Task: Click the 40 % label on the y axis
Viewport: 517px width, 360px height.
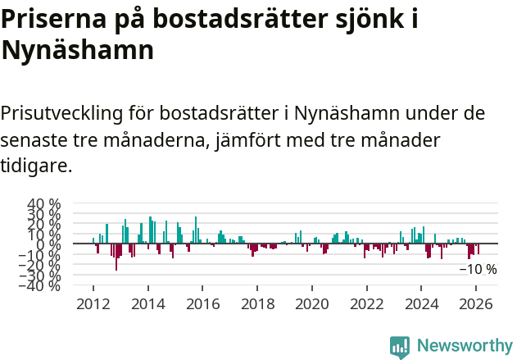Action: [x=44, y=204]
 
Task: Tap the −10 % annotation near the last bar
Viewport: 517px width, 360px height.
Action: [x=477, y=269]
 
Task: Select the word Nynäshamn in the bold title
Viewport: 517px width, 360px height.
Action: [x=77, y=51]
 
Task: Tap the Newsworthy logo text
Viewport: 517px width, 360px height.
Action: [x=464, y=346]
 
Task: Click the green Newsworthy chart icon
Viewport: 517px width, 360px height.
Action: [x=400, y=346]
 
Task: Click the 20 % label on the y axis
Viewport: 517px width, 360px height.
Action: [x=44, y=224]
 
